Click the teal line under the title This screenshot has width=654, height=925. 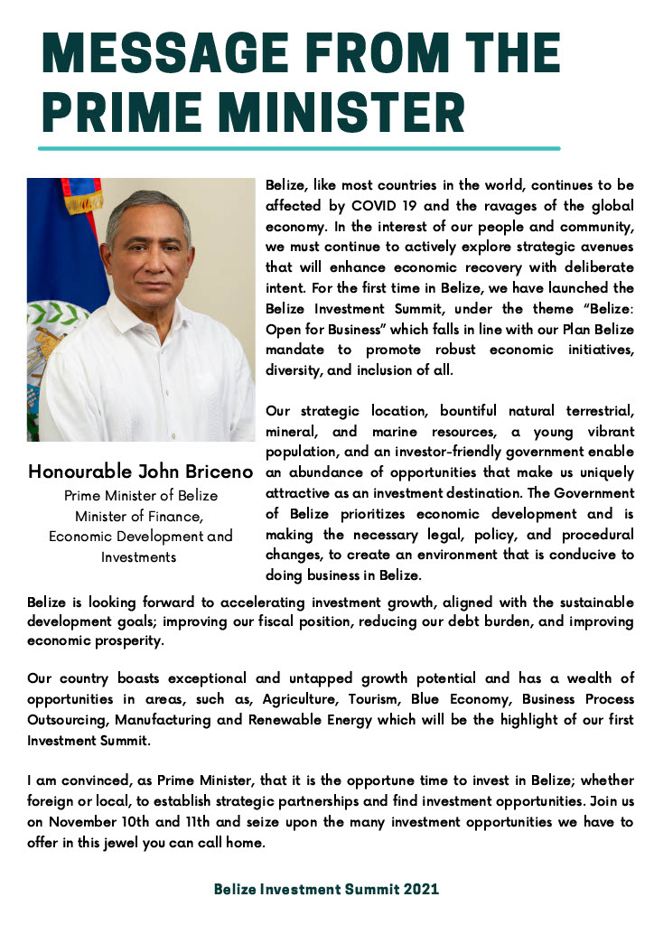298,148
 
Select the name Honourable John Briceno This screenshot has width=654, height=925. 140,472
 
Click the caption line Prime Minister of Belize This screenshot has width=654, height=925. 140,495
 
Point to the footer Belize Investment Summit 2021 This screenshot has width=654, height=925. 326,890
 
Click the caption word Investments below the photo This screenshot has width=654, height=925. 140,556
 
